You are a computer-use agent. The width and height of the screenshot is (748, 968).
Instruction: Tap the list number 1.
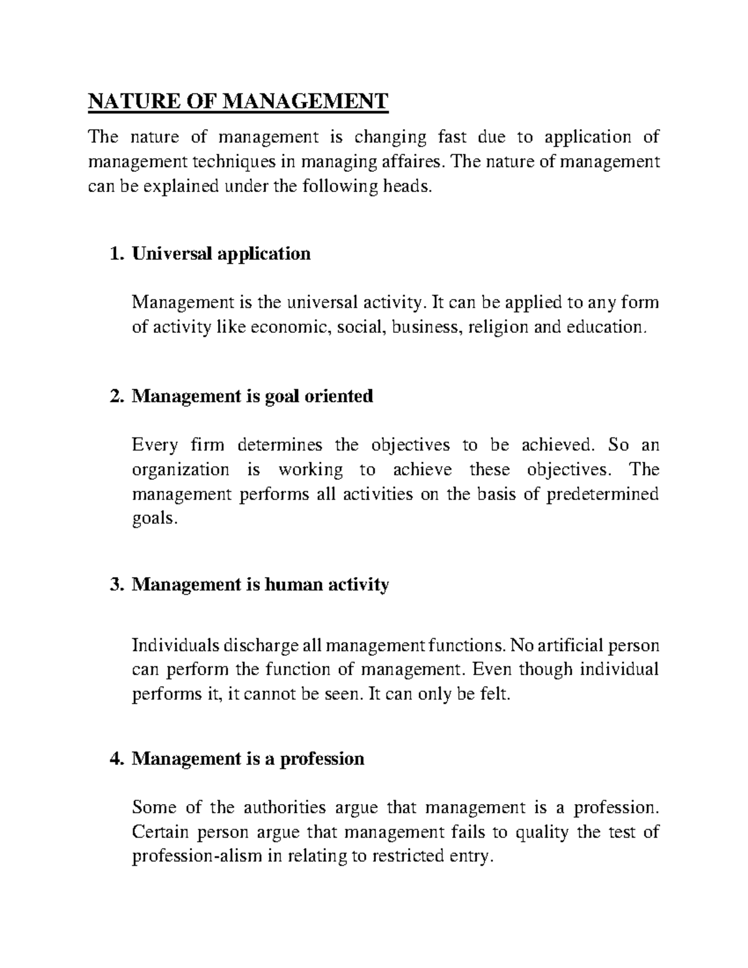pyautogui.click(x=113, y=254)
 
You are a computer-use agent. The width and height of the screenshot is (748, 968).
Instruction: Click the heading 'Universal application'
pyautogui.click(x=221, y=254)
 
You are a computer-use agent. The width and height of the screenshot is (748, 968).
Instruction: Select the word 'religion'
pyautogui.click(x=498, y=327)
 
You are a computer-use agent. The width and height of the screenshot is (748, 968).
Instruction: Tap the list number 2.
pyautogui.click(x=113, y=396)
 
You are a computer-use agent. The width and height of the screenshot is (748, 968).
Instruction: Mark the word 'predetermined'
pyautogui.click(x=602, y=494)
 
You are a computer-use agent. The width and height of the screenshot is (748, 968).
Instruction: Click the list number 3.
pyautogui.click(x=113, y=585)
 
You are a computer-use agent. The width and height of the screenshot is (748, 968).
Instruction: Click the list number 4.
pyautogui.click(x=113, y=759)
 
